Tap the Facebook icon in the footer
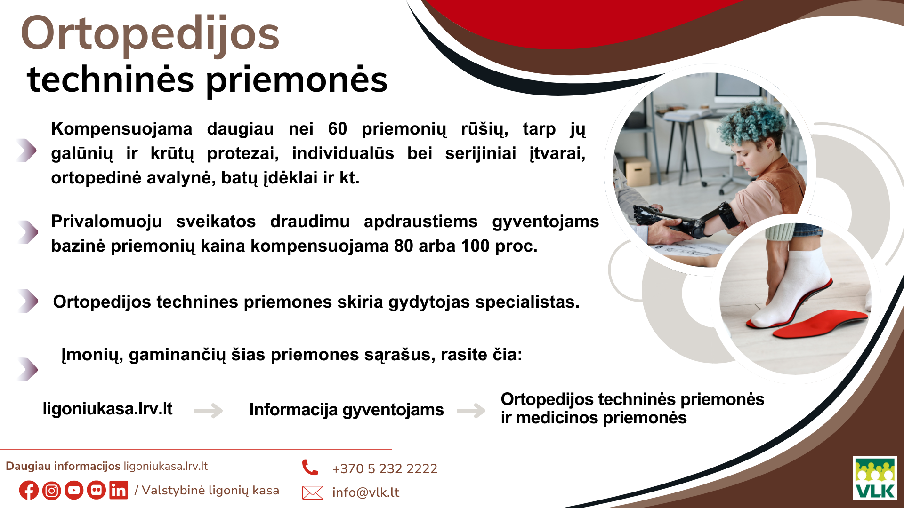(29, 491)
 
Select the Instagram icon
(51, 491)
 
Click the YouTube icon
(74, 491)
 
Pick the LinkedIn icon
(119, 490)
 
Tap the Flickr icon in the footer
(97, 490)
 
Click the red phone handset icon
(310, 467)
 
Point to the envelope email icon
(313, 492)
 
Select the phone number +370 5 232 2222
(385, 468)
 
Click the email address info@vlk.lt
(366, 492)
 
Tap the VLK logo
(875, 478)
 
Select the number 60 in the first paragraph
(338, 128)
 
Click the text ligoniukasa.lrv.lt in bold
(107, 408)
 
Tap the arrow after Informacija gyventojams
(471, 410)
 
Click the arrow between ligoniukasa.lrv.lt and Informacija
(209, 410)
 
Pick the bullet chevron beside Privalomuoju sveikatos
(28, 232)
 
